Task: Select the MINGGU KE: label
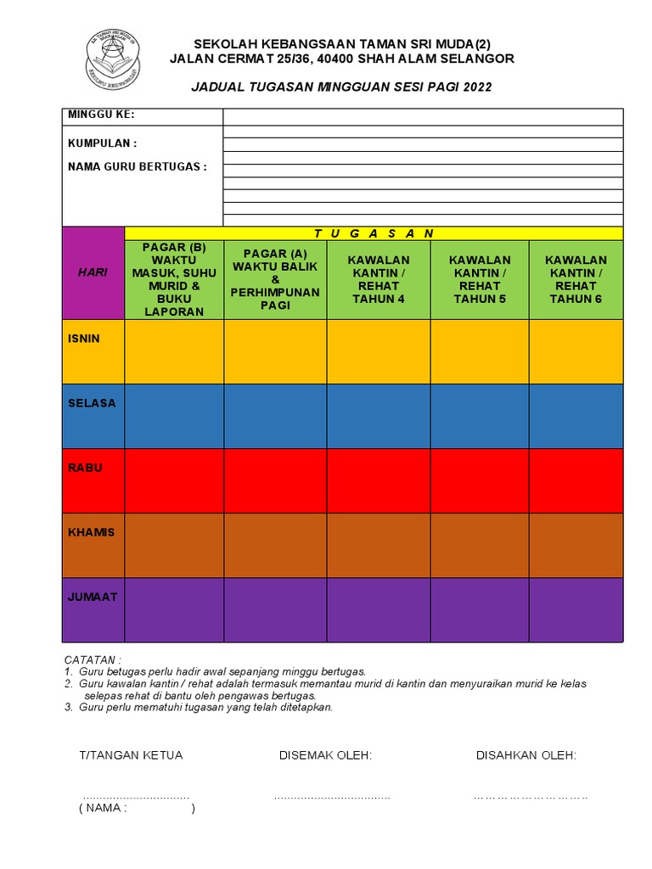[101, 115]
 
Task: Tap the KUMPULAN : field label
[102, 143]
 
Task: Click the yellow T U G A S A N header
[374, 233]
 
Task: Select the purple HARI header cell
[93, 272]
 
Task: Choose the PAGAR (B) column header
[174, 279]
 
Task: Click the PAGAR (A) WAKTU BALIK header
[275, 279]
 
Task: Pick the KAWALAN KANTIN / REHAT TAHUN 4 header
[379, 279]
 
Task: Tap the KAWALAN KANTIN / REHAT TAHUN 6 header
[576, 279]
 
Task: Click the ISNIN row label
[84, 339]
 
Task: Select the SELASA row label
[92, 403]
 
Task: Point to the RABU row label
[85, 468]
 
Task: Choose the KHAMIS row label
[91, 532]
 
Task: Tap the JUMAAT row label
[93, 597]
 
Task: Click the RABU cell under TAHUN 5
[480, 480]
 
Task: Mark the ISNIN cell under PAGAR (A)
[275, 351]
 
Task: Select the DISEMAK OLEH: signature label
[325, 755]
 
